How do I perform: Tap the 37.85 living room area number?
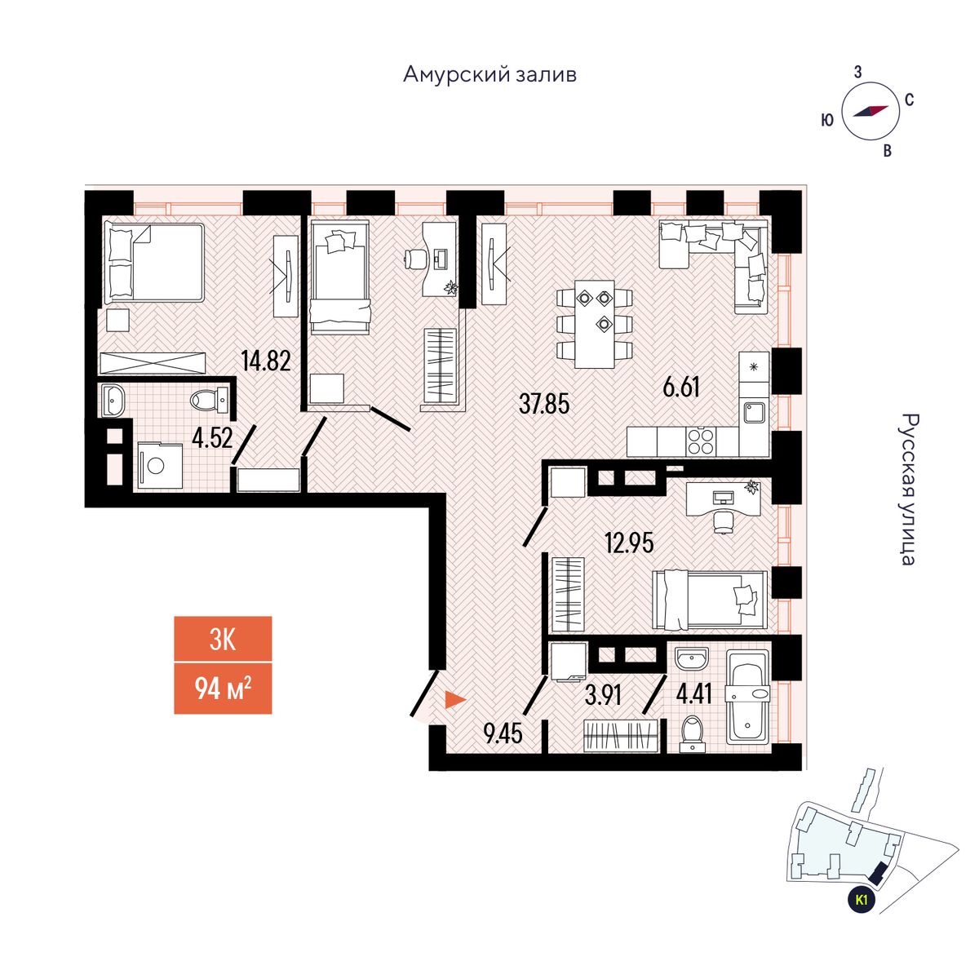point(543,403)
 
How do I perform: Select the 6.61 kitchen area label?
point(681,387)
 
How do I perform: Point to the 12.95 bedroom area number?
point(629,543)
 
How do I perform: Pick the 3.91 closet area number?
point(604,695)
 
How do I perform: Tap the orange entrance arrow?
point(454,700)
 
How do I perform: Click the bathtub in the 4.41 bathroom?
point(747,697)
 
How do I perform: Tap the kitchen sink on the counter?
point(753,412)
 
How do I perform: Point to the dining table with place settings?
point(594,324)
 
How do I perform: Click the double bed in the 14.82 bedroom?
point(153,262)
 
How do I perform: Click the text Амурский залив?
point(489,75)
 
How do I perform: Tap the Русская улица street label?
point(906,489)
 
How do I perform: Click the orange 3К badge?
point(223,639)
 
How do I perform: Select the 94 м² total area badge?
point(223,689)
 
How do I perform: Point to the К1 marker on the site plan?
point(861,901)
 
